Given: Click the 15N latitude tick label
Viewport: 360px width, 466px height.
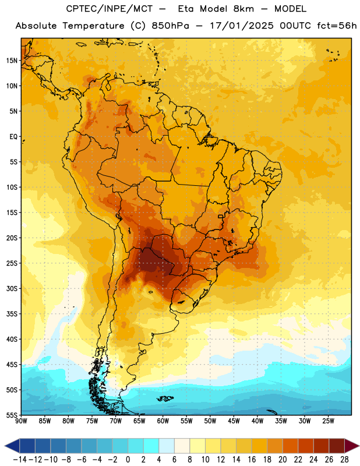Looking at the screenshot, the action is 12,61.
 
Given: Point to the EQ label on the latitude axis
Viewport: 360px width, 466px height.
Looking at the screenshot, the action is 13,137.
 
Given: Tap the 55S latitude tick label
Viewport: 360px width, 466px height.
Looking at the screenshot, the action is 12,415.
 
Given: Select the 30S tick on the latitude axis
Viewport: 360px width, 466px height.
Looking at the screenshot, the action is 12,288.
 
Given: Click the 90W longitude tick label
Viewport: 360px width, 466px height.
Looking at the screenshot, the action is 21,421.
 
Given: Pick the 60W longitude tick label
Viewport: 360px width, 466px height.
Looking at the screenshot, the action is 163,421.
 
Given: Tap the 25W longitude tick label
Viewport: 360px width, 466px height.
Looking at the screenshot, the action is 328,421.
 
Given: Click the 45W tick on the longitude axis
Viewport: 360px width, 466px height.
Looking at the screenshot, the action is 234,421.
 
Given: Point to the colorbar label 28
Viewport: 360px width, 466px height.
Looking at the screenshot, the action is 344,460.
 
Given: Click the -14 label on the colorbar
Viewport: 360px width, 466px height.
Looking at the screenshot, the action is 20,460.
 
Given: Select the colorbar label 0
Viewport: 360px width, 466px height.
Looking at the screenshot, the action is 128,460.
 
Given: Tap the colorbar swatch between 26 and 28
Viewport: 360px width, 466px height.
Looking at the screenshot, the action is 337,446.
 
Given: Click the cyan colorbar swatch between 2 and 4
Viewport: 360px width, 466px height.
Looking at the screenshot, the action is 151,446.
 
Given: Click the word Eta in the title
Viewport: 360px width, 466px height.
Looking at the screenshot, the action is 186,9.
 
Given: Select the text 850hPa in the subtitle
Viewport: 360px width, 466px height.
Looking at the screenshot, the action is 170,26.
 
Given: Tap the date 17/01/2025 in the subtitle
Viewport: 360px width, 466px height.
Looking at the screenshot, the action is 242,26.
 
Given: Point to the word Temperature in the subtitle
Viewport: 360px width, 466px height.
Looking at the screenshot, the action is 93,26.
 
